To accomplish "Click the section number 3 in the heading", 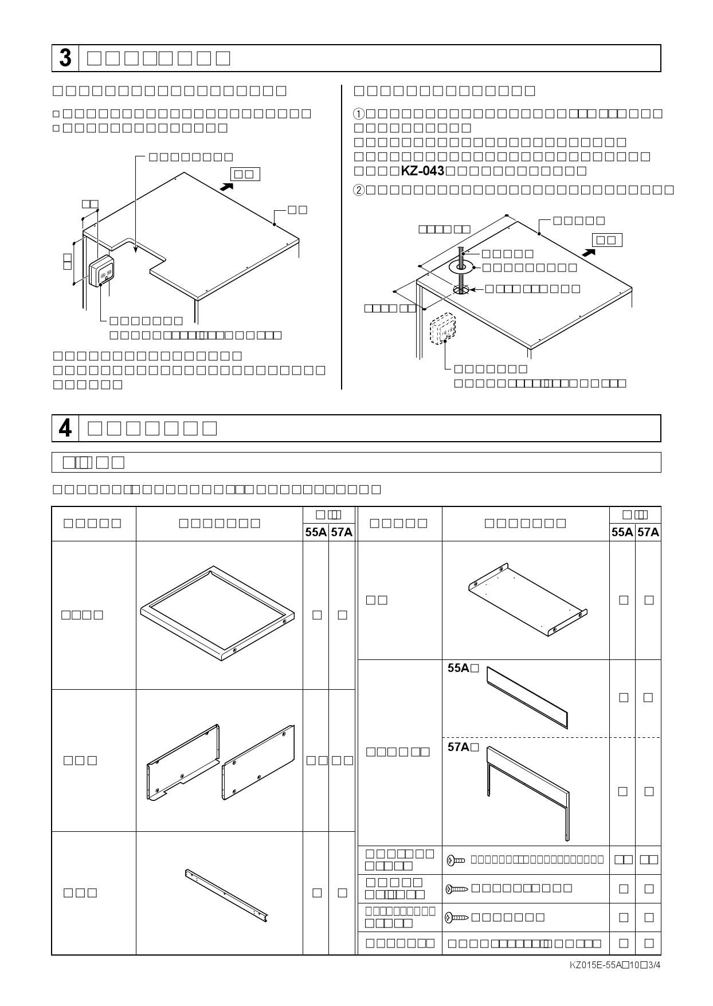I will pyautogui.click(x=65, y=58).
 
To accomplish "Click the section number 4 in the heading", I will pyautogui.click(x=65, y=429).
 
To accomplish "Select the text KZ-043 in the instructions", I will pyautogui.click(x=422, y=171).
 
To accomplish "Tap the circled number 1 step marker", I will pyautogui.click(x=359, y=113).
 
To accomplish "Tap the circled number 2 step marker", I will pyautogui.click(x=359, y=190).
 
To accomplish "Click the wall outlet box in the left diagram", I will pyautogui.click(x=102, y=271).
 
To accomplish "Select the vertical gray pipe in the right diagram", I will pyautogui.click(x=461, y=266).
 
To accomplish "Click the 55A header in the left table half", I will pyautogui.click(x=316, y=532).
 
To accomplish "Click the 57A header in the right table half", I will pyautogui.click(x=648, y=532).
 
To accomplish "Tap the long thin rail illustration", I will pyautogui.click(x=226, y=897).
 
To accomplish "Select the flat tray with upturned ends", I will pyautogui.click(x=527, y=599).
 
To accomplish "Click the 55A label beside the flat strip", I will pyautogui.click(x=459, y=668).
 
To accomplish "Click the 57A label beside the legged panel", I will pyautogui.click(x=459, y=747).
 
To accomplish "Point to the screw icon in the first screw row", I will pyautogui.click(x=456, y=860).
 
